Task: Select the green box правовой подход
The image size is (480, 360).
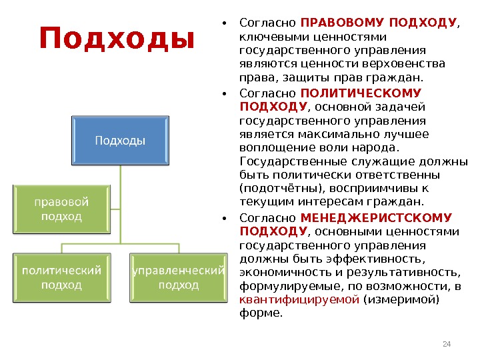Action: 61,208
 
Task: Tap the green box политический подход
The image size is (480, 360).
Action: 61,277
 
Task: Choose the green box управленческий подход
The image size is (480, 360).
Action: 178,277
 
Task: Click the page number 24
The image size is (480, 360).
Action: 447,344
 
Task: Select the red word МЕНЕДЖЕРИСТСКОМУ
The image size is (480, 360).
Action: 376,218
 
